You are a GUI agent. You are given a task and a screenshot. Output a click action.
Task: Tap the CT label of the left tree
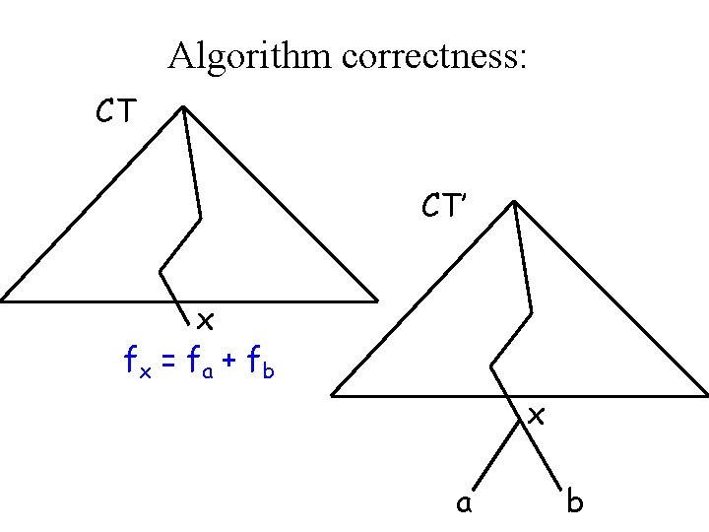116,113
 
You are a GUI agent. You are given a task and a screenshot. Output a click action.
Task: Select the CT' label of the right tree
445,206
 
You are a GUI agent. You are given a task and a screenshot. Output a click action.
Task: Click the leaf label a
462,503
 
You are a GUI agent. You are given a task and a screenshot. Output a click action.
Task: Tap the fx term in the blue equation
135,364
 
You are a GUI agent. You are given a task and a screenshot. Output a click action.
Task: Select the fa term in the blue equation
201,364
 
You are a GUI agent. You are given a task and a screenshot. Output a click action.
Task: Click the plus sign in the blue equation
232,365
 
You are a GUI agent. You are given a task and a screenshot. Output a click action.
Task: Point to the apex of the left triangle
183,107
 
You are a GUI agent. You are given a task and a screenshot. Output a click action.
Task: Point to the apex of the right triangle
513,203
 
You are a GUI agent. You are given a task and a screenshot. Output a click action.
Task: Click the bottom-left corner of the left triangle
3,299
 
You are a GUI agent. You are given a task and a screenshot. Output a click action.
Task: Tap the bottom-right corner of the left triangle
376,299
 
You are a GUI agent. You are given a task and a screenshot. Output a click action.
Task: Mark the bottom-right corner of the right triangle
706,395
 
